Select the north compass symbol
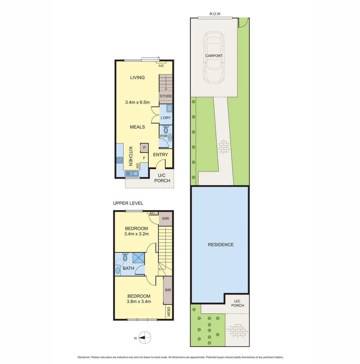(144, 337)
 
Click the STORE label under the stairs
(166, 96)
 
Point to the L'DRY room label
(165, 118)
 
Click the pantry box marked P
(144, 147)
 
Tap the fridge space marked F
(144, 157)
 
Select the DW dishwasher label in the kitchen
(137, 165)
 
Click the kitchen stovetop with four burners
(120, 160)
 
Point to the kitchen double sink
(132, 174)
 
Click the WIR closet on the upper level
(165, 219)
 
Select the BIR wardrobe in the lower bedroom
(168, 290)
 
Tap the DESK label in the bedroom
(169, 312)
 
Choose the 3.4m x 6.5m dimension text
(137, 102)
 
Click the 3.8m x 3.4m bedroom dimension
(139, 302)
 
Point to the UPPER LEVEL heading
(128, 203)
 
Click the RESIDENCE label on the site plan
(221, 245)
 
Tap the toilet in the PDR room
(165, 130)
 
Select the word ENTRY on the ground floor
(160, 155)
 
